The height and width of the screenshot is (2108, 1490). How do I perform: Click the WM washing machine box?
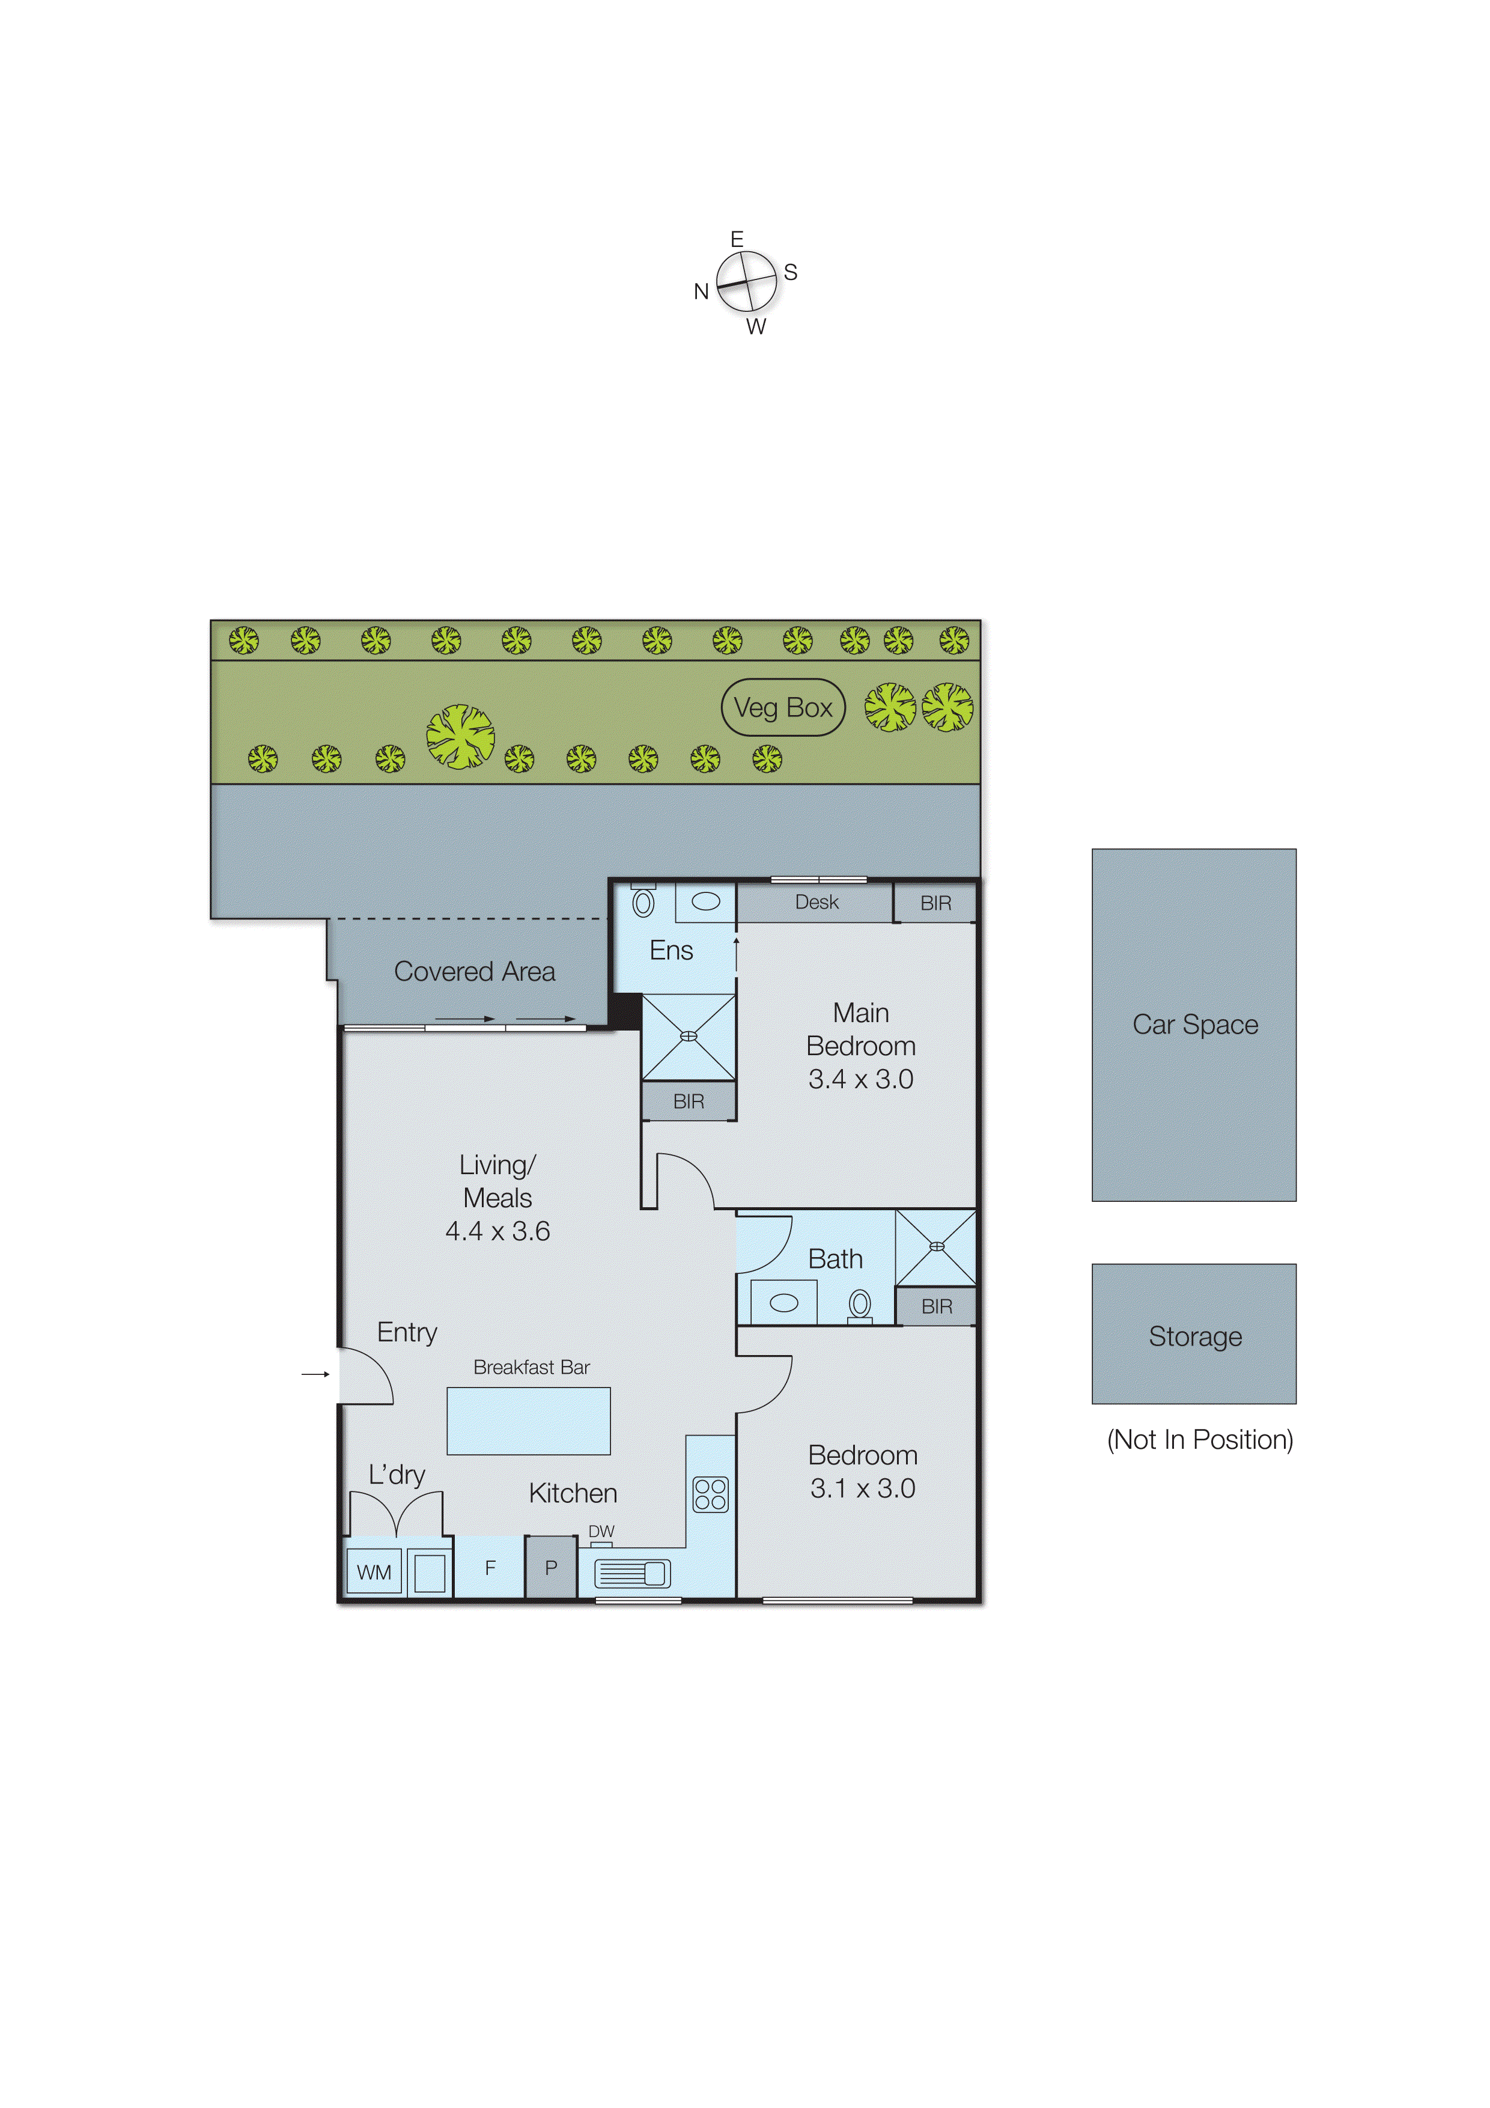click(x=374, y=1572)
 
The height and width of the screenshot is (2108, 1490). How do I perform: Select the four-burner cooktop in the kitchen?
click(x=710, y=1494)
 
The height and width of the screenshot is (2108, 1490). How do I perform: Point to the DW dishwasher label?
click(x=601, y=1531)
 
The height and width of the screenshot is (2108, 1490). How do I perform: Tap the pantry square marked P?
click(x=551, y=1567)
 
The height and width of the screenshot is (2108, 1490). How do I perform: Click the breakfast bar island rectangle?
click(x=528, y=1421)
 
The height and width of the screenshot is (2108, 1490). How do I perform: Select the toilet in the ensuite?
click(x=643, y=903)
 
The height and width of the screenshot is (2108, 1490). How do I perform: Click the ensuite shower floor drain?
click(x=689, y=1035)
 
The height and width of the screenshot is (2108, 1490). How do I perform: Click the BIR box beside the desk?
click(x=935, y=903)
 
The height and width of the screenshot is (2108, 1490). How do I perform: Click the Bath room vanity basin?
click(x=783, y=1303)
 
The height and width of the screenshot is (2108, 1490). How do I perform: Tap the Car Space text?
click(x=1194, y=1024)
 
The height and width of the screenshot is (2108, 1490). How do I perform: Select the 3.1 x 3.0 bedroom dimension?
click(x=862, y=1488)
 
